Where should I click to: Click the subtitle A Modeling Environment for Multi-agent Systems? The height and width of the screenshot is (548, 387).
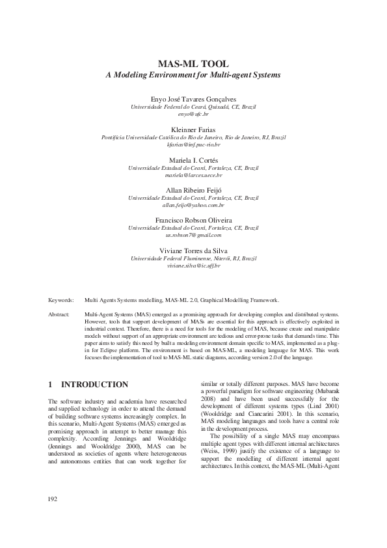(x=193, y=75)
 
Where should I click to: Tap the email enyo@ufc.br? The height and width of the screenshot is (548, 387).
(x=193, y=113)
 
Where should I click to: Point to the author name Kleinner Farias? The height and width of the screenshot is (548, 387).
(x=193, y=130)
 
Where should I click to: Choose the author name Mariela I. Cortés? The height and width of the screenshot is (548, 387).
(x=193, y=160)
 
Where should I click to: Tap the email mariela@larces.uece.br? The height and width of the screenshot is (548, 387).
(x=193, y=175)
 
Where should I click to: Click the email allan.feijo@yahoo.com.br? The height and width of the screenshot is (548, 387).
(x=193, y=205)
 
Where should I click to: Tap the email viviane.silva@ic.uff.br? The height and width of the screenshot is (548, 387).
(x=193, y=266)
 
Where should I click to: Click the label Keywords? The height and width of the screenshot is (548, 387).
(x=61, y=300)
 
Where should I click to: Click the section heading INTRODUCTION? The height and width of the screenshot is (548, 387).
(x=99, y=385)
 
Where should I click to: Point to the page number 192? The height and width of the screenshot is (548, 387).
(x=54, y=517)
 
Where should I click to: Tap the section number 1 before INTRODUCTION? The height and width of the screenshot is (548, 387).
(x=51, y=385)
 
